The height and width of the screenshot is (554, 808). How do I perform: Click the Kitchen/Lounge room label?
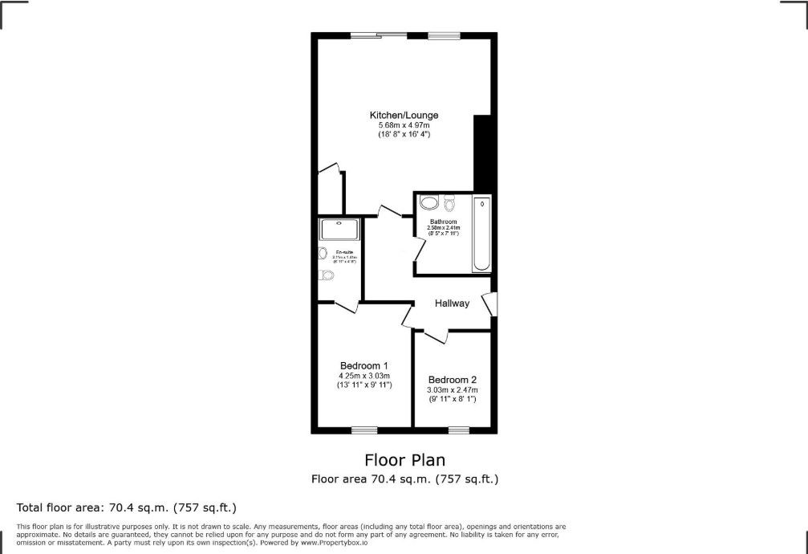pyautogui.click(x=404, y=115)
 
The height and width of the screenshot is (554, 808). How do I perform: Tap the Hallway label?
pyautogui.click(x=452, y=303)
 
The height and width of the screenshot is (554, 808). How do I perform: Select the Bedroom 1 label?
pyautogui.click(x=363, y=365)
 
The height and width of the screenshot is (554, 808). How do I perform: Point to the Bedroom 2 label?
pyautogui.click(x=453, y=380)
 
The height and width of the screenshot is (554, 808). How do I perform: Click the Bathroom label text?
pyautogui.click(x=443, y=222)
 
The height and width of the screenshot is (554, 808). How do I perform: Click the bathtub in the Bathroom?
pyautogui.click(x=481, y=234)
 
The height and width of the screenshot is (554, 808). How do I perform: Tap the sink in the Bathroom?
pyautogui.click(x=429, y=202)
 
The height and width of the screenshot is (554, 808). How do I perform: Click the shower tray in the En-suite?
pyautogui.click(x=341, y=229)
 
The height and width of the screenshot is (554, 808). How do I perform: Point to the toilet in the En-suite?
pyautogui.click(x=326, y=275)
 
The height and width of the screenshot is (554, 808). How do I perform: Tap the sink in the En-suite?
pyautogui.click(x=323, y=254)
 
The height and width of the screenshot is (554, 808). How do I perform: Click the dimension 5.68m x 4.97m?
pyautogui.click(x=404, y=125)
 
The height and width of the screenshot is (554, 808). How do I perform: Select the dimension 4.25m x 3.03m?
pyautogui.click(x=363, y=376)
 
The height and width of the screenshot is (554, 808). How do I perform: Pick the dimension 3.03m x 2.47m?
pyautogui.click(x=453, y=390)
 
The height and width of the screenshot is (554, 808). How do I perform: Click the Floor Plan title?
pyautogui.click(x=404, y=460)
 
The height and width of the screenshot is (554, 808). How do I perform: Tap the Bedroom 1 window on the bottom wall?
pyautogui.click(x=365, y=430)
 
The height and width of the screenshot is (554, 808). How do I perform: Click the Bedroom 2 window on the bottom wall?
pyautogui.click(x=459, y=430)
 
